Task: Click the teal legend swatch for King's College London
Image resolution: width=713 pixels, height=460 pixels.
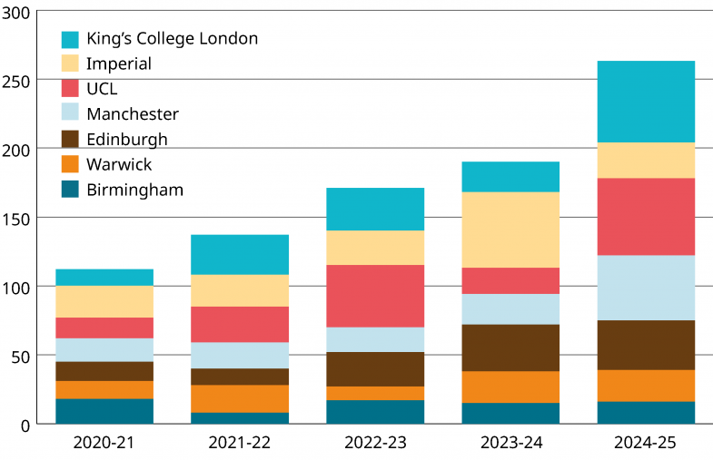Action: coord(70,39)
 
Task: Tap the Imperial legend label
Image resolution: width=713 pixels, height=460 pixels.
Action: coord(118,64)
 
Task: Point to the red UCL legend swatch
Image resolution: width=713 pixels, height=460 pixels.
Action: coord(70,89)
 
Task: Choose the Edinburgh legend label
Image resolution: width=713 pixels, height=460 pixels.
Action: coord(126,139)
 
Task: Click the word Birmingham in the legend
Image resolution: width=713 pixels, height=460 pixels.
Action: coord(134,190)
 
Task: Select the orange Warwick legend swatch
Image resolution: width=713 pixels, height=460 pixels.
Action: coord(70,164)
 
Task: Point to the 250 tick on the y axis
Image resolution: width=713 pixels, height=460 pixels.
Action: coord(18,81)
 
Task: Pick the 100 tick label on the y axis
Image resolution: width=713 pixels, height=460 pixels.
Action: coord(18,288)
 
